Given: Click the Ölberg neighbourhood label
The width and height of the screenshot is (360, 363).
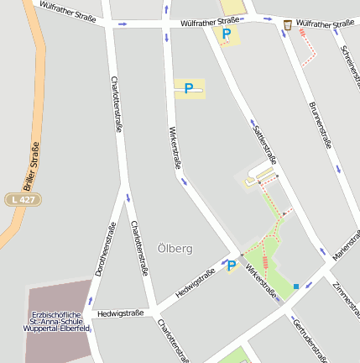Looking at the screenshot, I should coord(175,249).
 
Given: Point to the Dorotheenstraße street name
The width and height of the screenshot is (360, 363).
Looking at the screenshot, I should coord(104,250).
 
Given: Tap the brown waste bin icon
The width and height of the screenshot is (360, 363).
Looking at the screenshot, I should coord(287,25).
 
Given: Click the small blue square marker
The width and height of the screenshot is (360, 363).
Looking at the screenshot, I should coord(295,287).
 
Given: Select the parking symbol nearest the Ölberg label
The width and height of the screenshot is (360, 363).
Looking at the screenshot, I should coord(230,266).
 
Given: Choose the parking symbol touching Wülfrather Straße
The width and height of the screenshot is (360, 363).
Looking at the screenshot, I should coord(225,34).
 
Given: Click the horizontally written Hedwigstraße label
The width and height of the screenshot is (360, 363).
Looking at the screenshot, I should coord(120,313).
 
